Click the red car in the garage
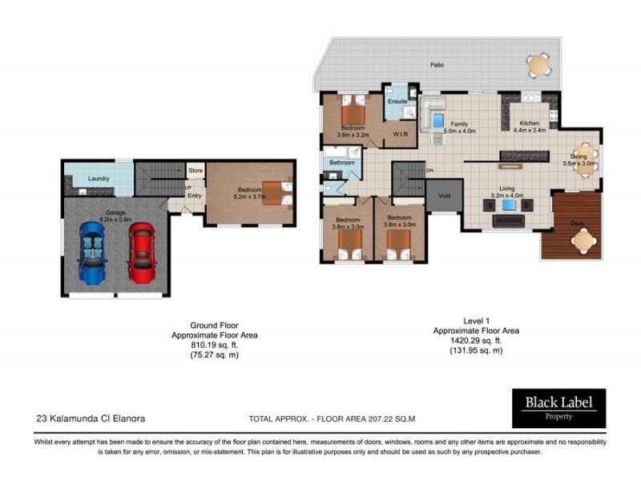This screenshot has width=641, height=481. [x=142, y=252]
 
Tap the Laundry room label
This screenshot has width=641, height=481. [x=99, y=178]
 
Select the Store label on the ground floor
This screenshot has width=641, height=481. [x=195, y=171]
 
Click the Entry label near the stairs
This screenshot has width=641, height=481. [x=195, y=194]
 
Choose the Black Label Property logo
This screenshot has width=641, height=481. [x=558, y=406]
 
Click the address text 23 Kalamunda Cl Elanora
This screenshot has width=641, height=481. [x=91, y=418]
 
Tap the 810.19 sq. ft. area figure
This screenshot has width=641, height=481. [x=216, y=345]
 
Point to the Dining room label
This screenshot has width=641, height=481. [x=579, y=156]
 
